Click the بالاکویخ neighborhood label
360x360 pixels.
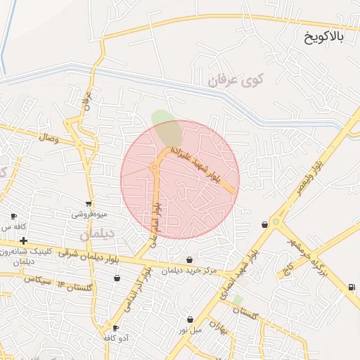point(324,37)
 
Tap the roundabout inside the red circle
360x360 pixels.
point(153,167)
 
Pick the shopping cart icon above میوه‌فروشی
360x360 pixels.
point(88,203)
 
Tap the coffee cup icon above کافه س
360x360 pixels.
point(13,217)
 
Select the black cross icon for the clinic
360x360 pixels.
point(23,241)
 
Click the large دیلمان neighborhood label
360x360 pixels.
point(96,233)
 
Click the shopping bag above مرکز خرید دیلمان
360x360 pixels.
point(190,260)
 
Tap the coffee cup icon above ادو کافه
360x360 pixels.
point(115,328)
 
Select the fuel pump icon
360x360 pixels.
point(351,287)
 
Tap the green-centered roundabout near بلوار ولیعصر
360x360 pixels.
point(276,222)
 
